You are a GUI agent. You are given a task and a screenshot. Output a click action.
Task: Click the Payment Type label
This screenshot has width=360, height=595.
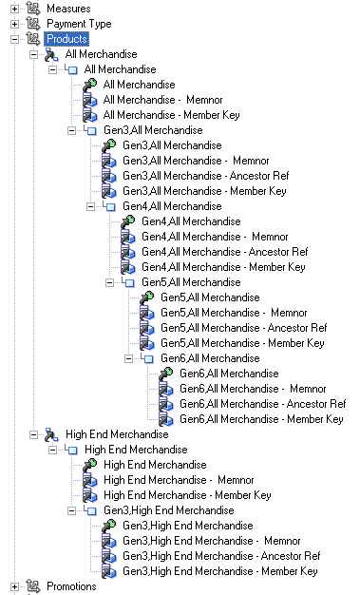coord(79,24)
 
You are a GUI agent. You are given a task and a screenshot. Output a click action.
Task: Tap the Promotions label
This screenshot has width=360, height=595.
coord(71,586)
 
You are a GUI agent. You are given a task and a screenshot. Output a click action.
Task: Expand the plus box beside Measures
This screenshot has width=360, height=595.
coord(14,9)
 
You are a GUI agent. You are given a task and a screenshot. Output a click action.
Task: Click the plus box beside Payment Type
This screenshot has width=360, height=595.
coord(14,24)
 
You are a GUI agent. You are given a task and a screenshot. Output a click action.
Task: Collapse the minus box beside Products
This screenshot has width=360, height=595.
coord(14,39)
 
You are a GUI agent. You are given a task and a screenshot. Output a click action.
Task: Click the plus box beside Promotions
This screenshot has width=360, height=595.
coord(14,586)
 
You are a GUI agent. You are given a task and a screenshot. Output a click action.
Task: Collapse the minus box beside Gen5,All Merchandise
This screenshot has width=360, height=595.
coord(109,282)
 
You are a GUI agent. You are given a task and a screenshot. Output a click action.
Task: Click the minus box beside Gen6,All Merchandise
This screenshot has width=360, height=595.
coord(128,358)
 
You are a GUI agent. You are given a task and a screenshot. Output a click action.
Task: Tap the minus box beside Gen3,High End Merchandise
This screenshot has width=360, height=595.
coord(71,510)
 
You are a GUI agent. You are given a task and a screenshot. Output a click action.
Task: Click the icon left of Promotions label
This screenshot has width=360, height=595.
coord(33,586)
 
